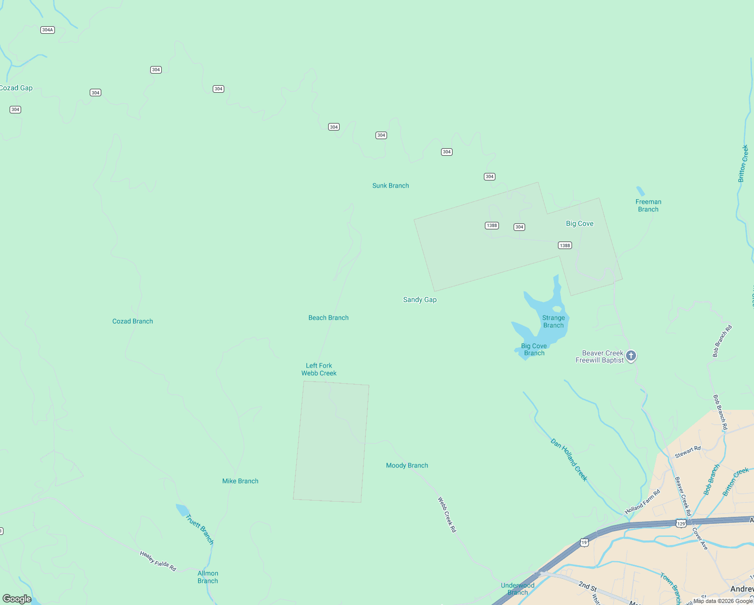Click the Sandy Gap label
(x=420, y=299)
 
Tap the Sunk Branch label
(x=391, y=186)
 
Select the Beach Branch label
(x=329, y=318)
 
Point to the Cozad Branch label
(x=133, y=321)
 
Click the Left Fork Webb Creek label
(x=319, y=370)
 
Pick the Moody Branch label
(x=407, y=465)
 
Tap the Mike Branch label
(x=240, y=481)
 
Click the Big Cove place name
(x=580, y=223)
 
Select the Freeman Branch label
(x=648, y=206)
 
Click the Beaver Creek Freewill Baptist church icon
(x=631, y=356)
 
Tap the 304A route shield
(x=47, y=30)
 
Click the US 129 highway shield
(x=681, y=524)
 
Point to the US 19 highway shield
(x=584, y=542)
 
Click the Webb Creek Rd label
(x=447, y=515)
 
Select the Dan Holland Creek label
(x=569, y=460)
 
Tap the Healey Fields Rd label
(x=158, y=561)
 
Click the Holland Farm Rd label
(x=643, y=502)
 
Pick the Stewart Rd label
(x=687, y=452)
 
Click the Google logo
(x=17, y=599)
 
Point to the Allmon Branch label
(x=208, y=577)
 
